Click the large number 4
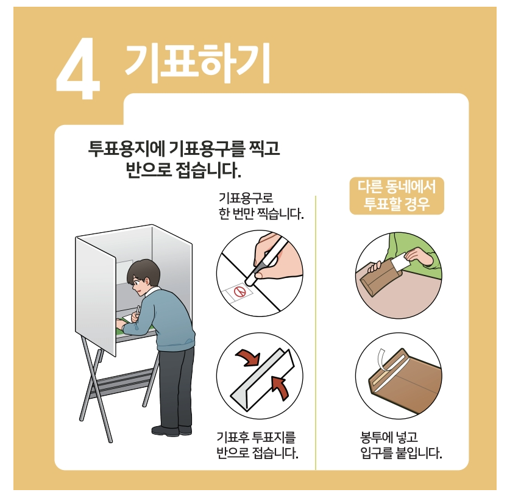coord(78,68)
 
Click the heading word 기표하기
coord(197,63)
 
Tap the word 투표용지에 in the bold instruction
coord(127,148)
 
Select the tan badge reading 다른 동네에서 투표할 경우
coord(397,196)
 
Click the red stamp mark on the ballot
coord(239,291)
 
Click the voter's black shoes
coord(172,430)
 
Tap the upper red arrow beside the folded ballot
coord(248,357)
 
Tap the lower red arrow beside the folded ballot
coord(280,388)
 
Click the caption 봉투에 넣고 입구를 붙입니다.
coord(401,445)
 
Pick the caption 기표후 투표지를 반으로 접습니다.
coord(257,445)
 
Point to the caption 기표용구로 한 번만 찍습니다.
coord(261,206)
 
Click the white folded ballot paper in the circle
coord(263,379)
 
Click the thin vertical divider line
coord(316,332)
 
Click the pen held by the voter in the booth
coord(138,310)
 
